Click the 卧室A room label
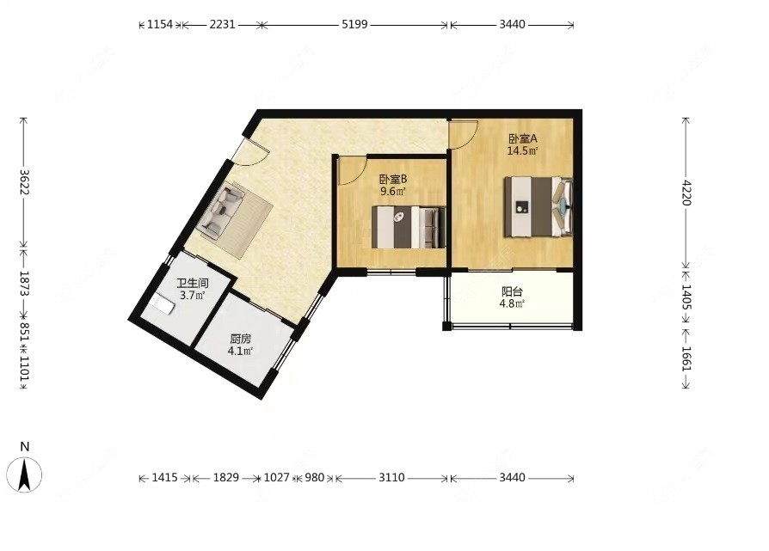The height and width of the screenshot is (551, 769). click(522, 138)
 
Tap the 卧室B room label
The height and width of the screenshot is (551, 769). click(393, 180)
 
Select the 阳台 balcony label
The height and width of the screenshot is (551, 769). click(512, 292)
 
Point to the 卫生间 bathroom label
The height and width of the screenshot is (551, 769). click(193, 284)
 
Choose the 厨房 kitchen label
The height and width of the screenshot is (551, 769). click(240, 339)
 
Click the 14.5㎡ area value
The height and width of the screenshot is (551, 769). click(522, 151)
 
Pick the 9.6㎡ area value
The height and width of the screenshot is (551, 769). click(393, 192)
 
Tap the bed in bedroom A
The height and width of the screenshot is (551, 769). click(538, 207)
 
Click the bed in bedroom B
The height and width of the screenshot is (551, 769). click(409, 227)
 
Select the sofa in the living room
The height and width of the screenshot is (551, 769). click(223, 211)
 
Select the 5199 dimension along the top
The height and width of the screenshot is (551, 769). click(354, 24)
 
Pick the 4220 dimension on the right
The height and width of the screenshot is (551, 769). click(686, 193)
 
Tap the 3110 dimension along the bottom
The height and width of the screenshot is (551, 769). click(391, 477)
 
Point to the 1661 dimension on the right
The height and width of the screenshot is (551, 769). click(686, 358)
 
